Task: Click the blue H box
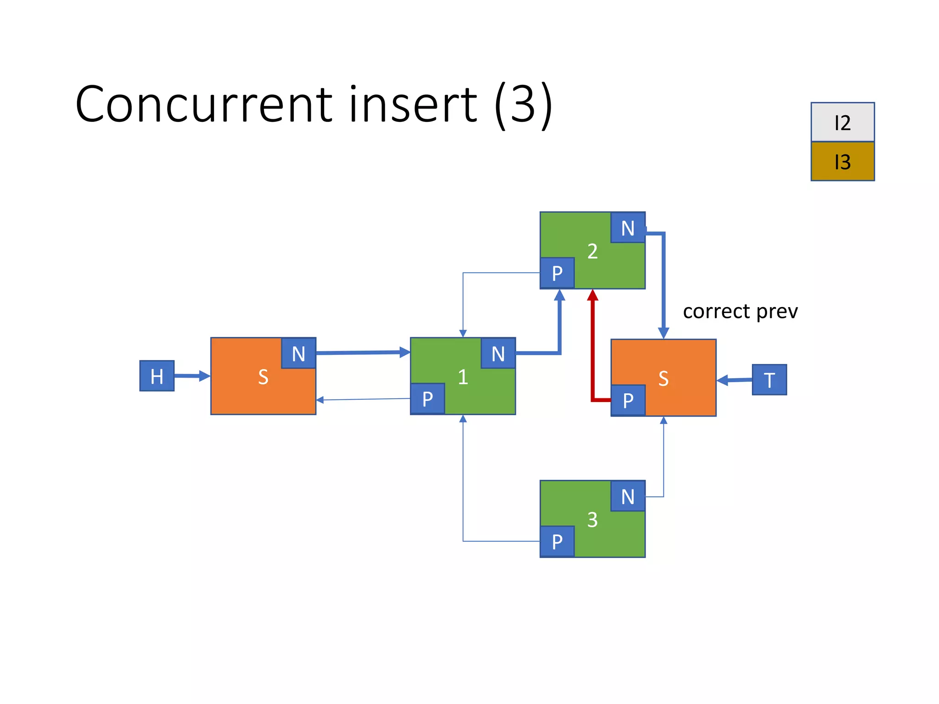click(x=157, y=376)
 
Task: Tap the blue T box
click(x=769, y=379)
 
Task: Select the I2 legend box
click(x=842, y=122)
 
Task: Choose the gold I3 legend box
click(x=842, y=161)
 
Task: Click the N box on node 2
click(x=628, y=228)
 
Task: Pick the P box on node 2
click(x=557, y=273)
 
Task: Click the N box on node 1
click(x=498, y=353)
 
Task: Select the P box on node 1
click(x=427, y=399)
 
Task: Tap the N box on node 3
click(x=628, y=496)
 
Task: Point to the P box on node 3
click(x=557, y=542)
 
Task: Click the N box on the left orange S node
click(x=298, y=353)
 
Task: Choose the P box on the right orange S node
click(x=628, y=401)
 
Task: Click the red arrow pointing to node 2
click(x=593, y=348)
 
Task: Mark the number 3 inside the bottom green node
click(x=592, y=520)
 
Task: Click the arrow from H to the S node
click(x=192, y=376)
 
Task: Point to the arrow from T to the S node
click(x=734, y=380)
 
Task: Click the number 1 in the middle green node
click(x=463, y=377)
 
